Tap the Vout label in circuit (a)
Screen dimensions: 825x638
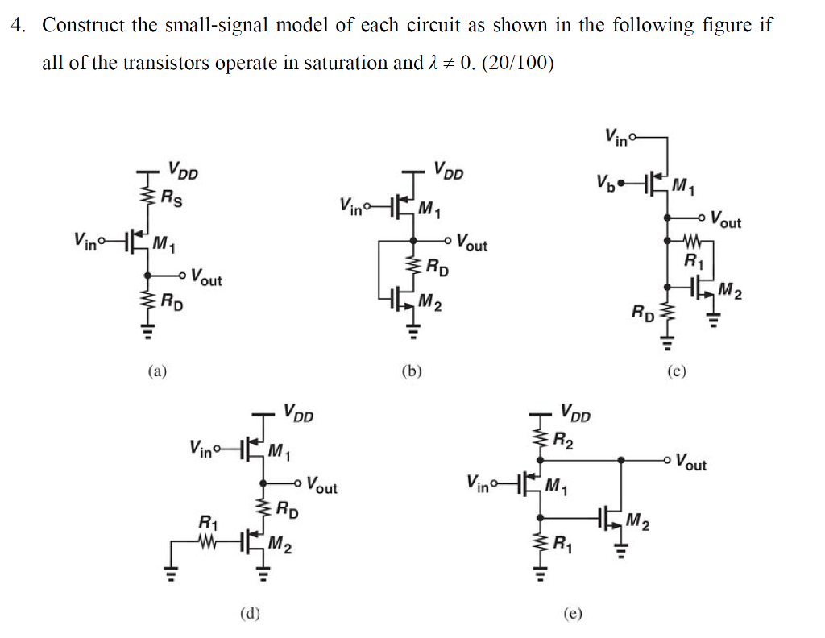(206, 280)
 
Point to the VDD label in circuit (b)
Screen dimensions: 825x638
(448, 171)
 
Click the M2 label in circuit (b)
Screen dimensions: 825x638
(430, 303)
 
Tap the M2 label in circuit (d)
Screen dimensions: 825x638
(280, 546)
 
